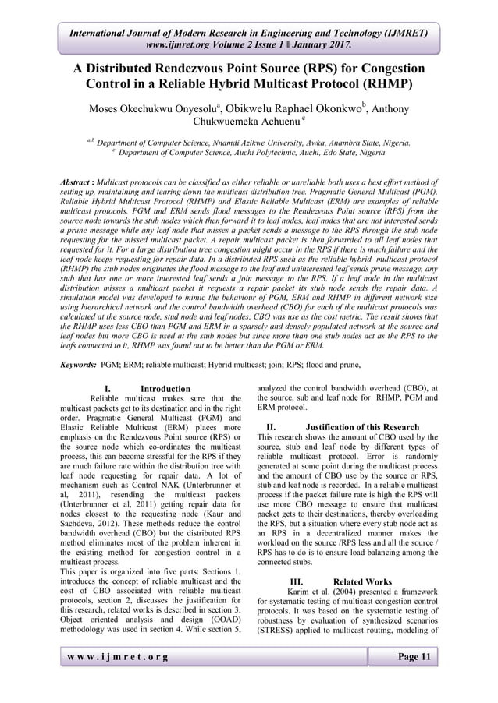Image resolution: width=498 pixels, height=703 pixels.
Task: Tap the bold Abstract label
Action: (x=80, y=181)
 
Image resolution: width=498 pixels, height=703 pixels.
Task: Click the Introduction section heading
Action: (x=165, y=388)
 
